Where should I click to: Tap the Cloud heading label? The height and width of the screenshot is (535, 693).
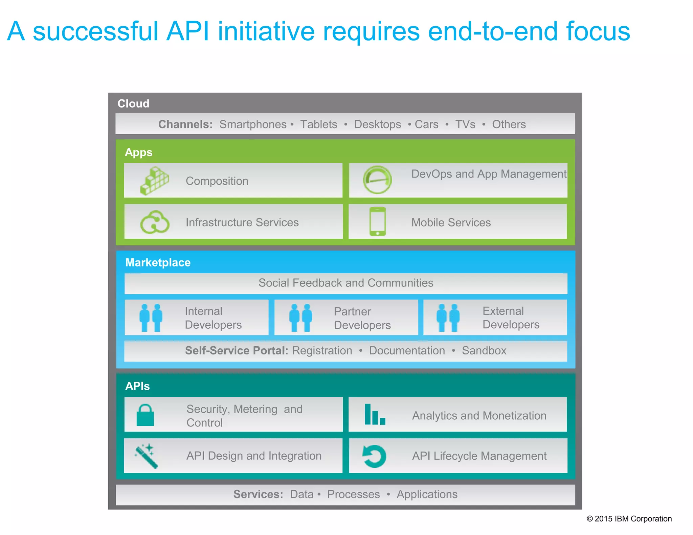[133, 103]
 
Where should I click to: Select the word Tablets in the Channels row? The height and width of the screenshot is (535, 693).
[318, 124]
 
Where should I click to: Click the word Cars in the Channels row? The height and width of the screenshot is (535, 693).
[426, 124]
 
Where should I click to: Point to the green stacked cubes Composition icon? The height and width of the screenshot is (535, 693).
[155, 181]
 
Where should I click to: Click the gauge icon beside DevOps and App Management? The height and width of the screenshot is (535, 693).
[377, 180]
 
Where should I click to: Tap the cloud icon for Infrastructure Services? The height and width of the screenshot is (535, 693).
[155, 222]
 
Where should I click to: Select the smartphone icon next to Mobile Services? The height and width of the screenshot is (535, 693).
[378, 222]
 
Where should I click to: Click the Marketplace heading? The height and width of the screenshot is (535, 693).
[158, 262]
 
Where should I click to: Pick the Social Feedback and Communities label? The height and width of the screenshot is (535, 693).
[345, 283]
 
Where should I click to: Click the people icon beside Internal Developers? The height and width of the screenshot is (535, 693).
[151, 318]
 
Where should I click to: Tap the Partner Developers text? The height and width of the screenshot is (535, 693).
[362, 318]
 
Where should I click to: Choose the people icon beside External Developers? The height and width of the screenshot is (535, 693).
[448, 318]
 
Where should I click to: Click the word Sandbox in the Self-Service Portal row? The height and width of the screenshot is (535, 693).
[484, 351]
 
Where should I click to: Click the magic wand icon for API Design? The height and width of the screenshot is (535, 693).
[147, 456]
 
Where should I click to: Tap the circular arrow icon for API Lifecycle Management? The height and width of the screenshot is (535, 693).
[374, 456]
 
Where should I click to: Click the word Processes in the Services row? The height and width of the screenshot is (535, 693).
[353, 494]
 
